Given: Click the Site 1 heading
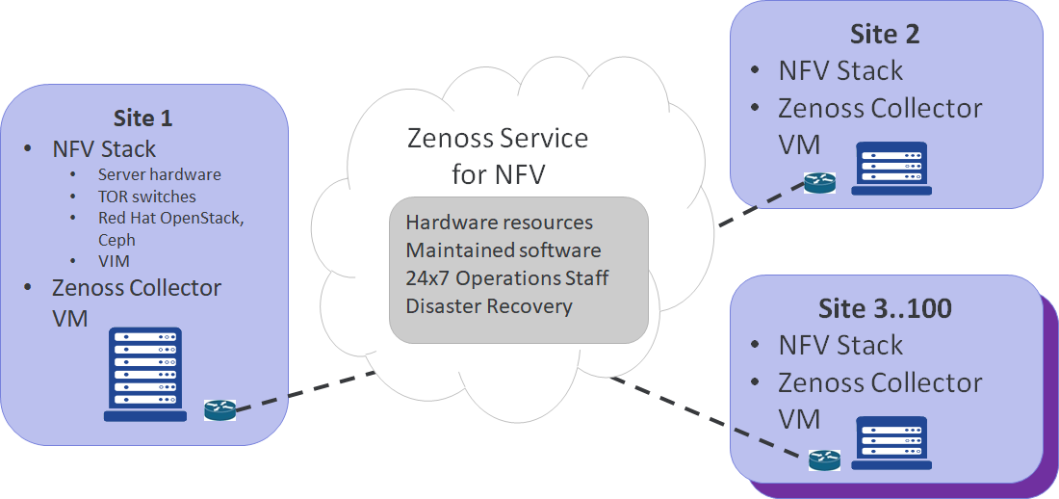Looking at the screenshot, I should (142, 118).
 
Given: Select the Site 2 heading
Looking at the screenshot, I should (885, 35).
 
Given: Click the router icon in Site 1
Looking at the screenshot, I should (220, 410).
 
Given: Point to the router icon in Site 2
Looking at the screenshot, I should (821, 185).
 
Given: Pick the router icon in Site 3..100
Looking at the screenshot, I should (824, 460).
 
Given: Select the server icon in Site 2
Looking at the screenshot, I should (891, 169).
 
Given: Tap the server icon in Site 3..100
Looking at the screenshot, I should (891, 444).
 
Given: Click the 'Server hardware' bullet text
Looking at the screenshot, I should (159, 174).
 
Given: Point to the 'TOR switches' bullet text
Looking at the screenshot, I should (146, 196).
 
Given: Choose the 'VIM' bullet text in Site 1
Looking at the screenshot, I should (114, 261).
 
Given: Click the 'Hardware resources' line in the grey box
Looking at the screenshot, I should (499, 223).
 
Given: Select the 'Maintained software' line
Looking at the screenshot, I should (503, 250).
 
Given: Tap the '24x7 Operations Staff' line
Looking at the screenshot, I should (507, 278).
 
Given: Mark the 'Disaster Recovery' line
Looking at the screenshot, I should (489, 306).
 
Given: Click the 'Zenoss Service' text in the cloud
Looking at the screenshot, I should (499, 138).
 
